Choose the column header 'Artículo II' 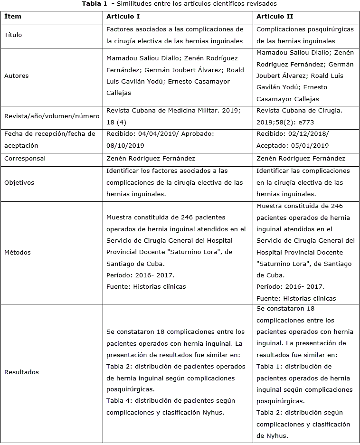[274, 17]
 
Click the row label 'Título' [13, 35]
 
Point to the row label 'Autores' [17, 76]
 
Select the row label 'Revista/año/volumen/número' [52, 116]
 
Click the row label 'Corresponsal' [25, 159]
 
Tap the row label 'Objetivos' [19, 182]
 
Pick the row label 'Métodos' [18, 252]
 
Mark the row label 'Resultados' [21, 372]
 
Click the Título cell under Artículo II [305, 35]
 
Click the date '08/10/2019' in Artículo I [125, 146]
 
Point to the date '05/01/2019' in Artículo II [309, 146]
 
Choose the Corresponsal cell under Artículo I [151, 159]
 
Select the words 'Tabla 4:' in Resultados [118, 401]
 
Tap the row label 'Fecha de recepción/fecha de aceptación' [50, 140]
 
